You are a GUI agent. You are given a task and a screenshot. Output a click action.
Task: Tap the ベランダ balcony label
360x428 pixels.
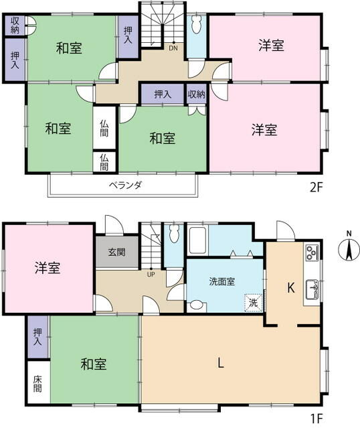[125, 186]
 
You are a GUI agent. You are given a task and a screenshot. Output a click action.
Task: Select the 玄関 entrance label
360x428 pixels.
[116, 252]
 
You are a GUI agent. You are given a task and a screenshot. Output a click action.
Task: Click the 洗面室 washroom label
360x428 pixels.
[222, 281]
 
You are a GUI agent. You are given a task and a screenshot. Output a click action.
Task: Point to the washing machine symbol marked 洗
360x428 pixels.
[254, 303]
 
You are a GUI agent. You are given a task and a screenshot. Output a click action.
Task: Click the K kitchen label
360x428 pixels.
[291, 287]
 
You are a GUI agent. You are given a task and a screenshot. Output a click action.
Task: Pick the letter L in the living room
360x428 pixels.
[220, 363]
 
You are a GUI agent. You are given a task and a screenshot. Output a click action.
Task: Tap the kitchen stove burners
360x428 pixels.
[312, 253]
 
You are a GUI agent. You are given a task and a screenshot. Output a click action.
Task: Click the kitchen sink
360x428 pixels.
[312, 289]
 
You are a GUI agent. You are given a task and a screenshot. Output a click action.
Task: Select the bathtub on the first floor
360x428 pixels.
[197, 240]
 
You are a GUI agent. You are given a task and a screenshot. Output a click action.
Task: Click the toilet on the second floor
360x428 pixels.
[196, 25]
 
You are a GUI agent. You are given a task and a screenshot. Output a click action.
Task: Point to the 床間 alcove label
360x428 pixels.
[37, 384]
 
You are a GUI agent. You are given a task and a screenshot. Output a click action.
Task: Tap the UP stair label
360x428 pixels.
[151, 275]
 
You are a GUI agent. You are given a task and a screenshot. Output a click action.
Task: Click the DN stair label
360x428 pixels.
[173, 48]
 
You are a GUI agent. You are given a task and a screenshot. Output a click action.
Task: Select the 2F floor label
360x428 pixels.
[317, 188]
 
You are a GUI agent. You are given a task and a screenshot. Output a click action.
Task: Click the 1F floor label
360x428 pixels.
[317, 418]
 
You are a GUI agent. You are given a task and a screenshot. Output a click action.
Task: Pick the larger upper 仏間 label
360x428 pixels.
[104, 128]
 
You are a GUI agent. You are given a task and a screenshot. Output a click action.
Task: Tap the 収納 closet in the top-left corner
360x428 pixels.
[15, 25]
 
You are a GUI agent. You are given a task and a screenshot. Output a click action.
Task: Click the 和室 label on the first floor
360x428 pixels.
[94, 364]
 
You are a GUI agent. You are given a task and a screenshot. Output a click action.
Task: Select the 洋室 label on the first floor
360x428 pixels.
[48, 267]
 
